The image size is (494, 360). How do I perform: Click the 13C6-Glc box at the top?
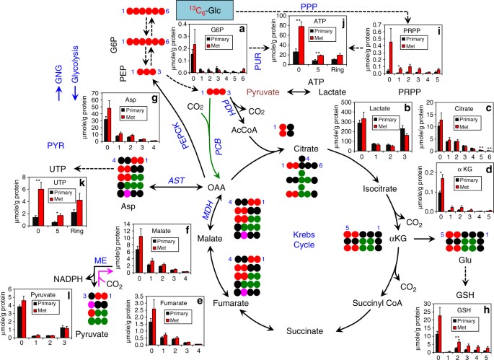[146, 10]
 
